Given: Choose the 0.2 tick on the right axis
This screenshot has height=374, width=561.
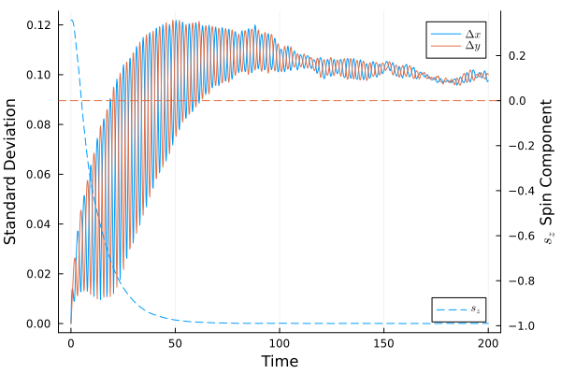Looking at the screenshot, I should (x=517, y=56).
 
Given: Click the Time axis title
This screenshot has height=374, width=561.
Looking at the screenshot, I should (x=280, y=361).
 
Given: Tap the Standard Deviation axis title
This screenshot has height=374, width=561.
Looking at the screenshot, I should (x=11, y=173).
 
